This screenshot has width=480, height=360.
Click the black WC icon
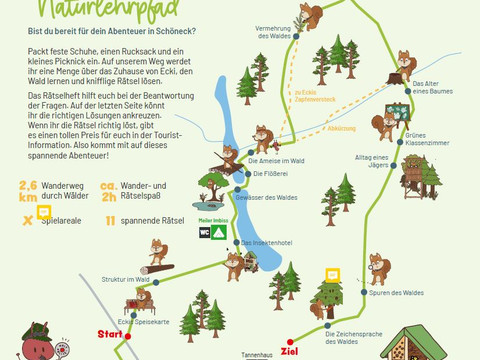[205, 231]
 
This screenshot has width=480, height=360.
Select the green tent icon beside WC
[220, 231]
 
